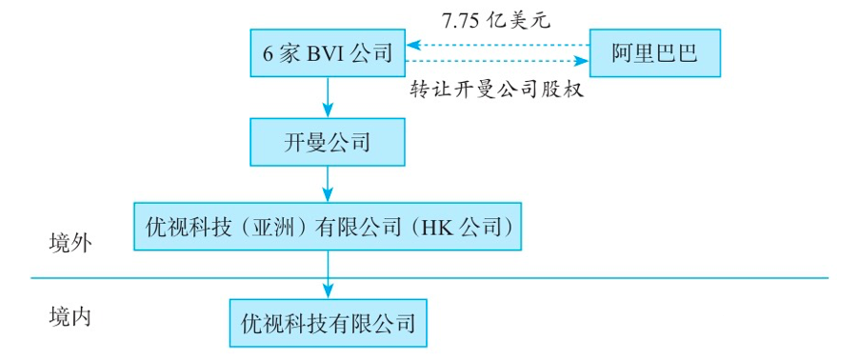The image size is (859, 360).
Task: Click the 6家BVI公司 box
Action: tap(328, 52)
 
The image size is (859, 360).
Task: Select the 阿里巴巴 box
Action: tap(653, 52)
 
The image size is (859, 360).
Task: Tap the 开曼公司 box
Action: tap(328, 142)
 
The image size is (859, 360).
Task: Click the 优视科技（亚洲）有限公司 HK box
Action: tap(328, 227)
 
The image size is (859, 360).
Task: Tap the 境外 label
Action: tap(69, 243)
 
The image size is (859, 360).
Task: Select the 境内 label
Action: tap(69, 315)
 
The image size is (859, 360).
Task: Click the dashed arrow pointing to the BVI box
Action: tap(495, 44)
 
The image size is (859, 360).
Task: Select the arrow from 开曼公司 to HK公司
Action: tap(328, 183)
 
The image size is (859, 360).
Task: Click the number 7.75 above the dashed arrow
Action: tap(461, 19)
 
